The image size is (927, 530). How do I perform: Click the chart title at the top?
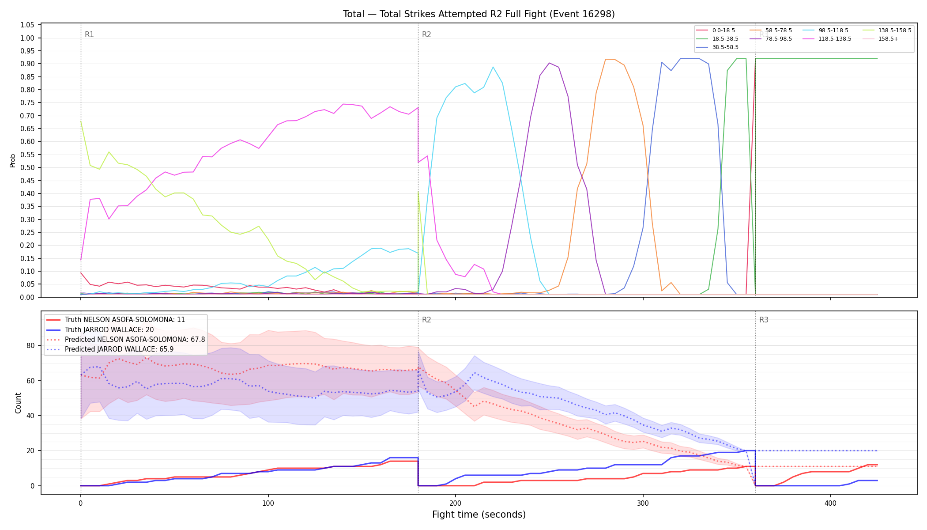point(479,14)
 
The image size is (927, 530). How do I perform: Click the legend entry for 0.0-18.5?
point(715,30)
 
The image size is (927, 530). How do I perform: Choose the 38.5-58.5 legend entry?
point(717,47)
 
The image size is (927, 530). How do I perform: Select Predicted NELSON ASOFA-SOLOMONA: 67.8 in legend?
point(125,340)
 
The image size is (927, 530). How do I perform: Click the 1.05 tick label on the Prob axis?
point(27,25)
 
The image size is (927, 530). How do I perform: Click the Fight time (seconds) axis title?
point(479,515)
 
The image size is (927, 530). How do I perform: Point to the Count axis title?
point(18,403)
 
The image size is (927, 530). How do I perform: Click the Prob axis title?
point(12,160)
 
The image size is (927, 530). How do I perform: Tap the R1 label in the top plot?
point(89,34)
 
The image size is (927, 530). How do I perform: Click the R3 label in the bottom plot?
point(764,320)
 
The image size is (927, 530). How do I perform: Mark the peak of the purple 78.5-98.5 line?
point(549,63)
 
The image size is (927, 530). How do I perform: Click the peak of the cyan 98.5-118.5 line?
point(493,67)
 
